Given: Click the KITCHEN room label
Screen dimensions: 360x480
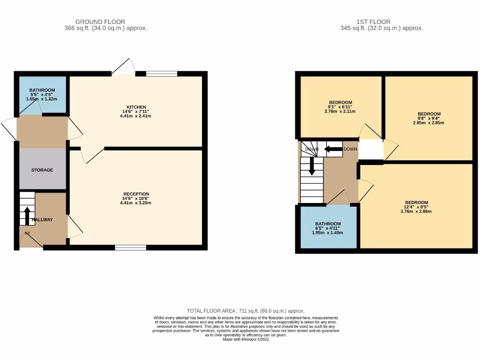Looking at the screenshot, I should click(136, 107).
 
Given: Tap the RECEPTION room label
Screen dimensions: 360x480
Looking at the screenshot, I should click(136, 194).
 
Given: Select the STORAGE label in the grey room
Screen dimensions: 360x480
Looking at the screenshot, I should click(42, 170).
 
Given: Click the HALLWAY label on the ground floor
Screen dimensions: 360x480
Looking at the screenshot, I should click(42, 219).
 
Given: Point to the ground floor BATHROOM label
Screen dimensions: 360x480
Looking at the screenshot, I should click(42, 90).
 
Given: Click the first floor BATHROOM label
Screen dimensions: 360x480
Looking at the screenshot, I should click(328, 224).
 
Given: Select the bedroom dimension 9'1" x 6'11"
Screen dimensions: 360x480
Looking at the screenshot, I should click(340, 107).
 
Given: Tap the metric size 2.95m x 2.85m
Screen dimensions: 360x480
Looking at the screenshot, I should click(428, 123).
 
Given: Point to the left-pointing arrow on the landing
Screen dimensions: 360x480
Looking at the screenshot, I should click(332, 150).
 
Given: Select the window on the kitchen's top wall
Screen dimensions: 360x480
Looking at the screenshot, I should click(161, 73).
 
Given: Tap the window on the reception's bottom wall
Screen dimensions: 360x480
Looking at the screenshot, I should click(130, 247).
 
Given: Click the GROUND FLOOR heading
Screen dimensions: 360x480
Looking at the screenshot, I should click(100, 22).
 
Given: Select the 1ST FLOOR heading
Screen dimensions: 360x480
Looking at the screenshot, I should click(373, 22).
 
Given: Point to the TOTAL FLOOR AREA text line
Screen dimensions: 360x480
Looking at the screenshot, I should click(246, 311).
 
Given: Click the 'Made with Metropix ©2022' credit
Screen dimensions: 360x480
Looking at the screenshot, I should click(246, 339).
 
